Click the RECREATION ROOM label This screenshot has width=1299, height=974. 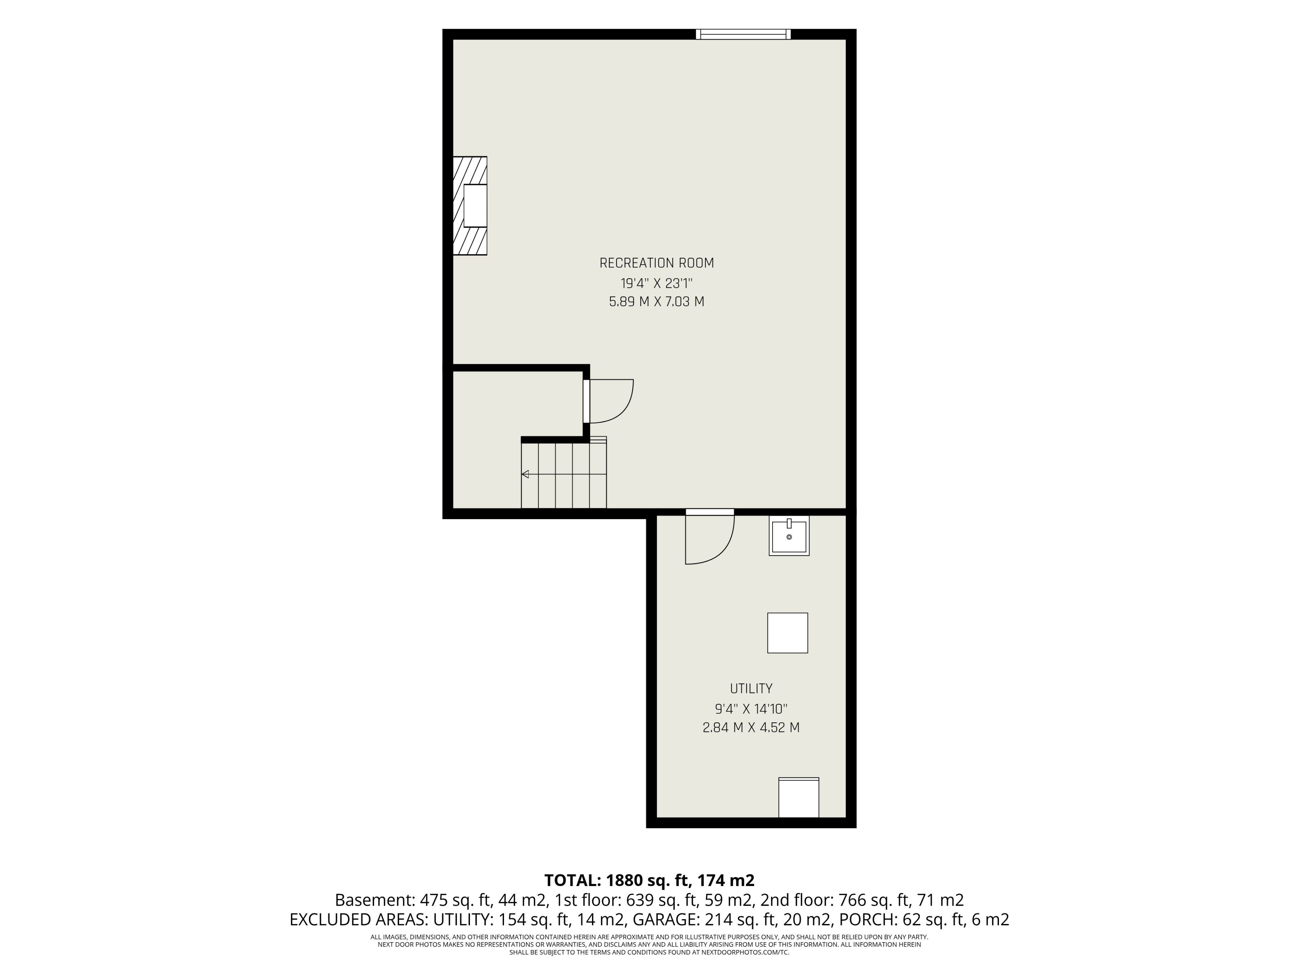657,263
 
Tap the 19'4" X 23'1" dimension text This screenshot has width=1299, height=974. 657,283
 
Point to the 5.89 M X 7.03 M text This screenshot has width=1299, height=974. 657,302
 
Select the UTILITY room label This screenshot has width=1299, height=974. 751,688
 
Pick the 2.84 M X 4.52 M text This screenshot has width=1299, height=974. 751,727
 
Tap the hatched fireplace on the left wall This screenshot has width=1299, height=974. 470,206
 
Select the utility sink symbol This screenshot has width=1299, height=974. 789,535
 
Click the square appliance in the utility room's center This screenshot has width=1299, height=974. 788,633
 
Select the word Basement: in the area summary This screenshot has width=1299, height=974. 374,900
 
